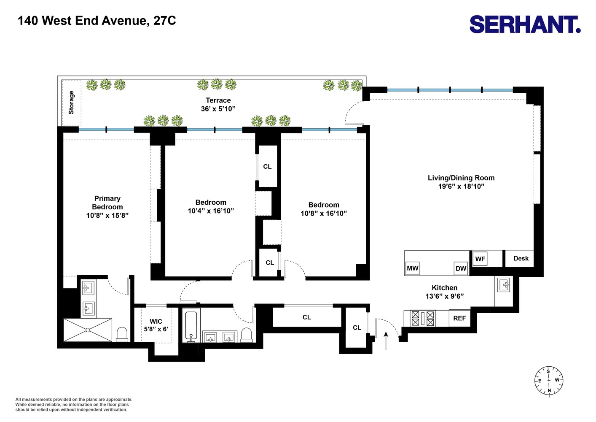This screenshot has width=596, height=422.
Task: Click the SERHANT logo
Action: coord(525,24)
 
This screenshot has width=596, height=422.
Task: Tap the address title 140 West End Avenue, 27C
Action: coord(97,21)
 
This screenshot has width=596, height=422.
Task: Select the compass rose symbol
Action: coord(549,381)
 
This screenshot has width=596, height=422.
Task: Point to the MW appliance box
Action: coord(412,268)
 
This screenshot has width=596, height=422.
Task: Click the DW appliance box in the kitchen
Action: coord(461,268)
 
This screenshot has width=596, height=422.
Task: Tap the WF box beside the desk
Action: coord(480,259)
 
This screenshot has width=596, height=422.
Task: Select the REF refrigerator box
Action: coord(459,318)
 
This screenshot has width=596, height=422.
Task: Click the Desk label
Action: coord(521,258)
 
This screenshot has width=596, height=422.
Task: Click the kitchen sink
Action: coord(504,285)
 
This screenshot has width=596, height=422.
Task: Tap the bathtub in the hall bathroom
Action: coord(191,326)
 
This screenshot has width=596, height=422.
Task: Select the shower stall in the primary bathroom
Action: coord(88,330)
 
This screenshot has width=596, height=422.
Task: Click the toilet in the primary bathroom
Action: coord(122,334)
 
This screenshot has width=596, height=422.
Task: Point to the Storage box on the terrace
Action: coord(71,103)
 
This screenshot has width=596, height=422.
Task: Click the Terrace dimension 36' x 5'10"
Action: coord(218,108)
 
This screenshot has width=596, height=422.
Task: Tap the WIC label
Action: coord(156,322)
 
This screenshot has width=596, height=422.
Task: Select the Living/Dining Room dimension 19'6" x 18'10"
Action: coord(461,186)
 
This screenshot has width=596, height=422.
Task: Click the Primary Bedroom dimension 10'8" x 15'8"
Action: coord(107,215)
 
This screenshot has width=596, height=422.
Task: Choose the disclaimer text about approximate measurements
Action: coord(74,404)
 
